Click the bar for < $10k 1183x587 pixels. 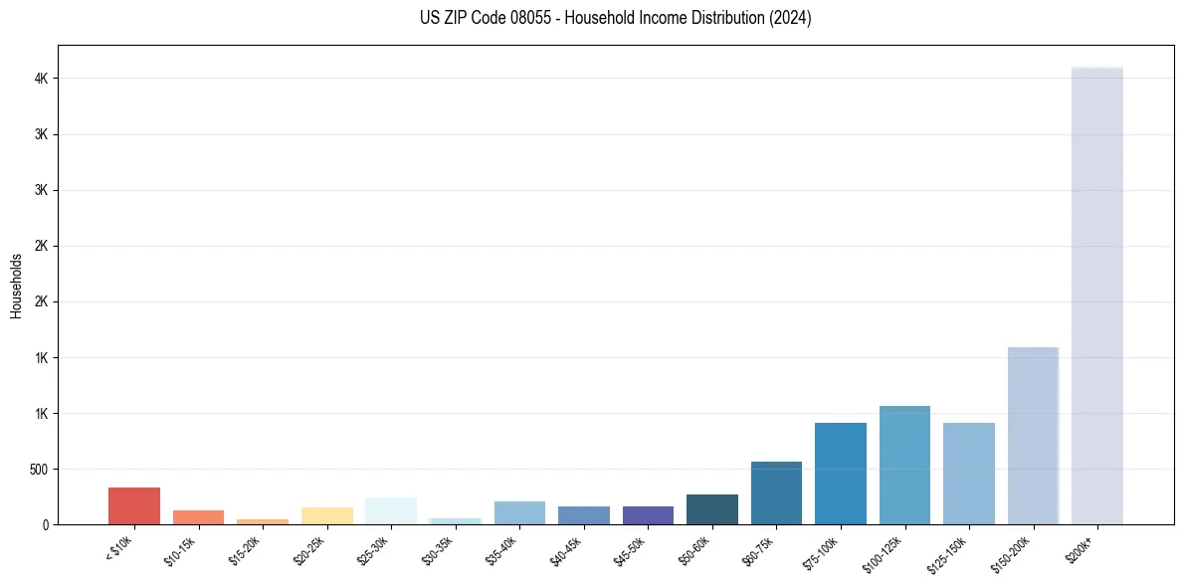coord(134,505)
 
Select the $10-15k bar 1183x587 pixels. coord(198,517)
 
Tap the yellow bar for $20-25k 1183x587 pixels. coord(327,515)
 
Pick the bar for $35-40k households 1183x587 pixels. coord(519,512)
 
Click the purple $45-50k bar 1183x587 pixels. coord(648,515)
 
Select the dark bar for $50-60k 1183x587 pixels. coord(712,509)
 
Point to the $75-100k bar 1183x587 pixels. coord(841,474)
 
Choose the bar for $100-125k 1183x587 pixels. coord(904,465)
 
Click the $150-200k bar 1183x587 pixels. coord(1033,436)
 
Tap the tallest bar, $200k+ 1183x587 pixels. coord(1097,295)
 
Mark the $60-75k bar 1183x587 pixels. coord(776,492)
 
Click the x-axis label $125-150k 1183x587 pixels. coord(945,551)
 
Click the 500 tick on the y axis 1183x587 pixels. coord(40,469)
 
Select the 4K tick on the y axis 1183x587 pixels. coord(43,79)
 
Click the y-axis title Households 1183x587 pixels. coord(16,285)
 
